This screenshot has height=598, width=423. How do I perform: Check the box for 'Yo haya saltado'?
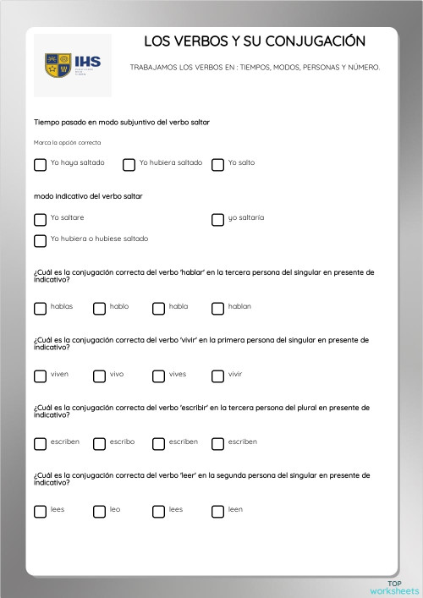[40, 165]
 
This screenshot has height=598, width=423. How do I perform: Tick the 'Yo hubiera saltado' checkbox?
[129, 165]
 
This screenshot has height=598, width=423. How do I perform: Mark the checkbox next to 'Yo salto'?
[217, 165]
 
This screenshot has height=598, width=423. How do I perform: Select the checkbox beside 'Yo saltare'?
[40, 220]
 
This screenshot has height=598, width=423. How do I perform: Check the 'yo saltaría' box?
[217, 220]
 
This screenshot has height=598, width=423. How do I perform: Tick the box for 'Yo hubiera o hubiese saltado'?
[40, 241]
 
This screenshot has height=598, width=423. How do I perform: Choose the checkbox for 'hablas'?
[40, 309]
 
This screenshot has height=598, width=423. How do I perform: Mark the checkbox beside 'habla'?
[158, 309]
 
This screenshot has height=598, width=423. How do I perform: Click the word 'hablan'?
[239, 306]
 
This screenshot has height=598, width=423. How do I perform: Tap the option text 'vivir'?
[235, 374]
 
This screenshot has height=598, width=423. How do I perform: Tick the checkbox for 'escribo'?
[99, 444]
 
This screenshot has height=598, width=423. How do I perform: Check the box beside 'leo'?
[99, 512]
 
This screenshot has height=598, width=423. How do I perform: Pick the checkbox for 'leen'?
[217, 512]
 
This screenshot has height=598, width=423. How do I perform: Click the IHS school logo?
[73, 65]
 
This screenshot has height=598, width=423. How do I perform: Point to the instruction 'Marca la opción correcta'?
[67, 142]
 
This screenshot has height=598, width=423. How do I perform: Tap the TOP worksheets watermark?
[394, 587]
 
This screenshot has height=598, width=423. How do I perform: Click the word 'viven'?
[59, 374]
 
